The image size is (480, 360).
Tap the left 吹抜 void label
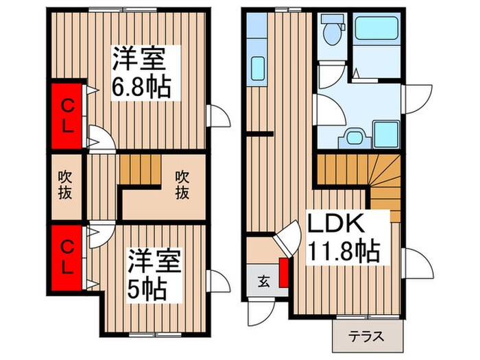point(64,185)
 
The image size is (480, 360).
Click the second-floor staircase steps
point(140,169)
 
